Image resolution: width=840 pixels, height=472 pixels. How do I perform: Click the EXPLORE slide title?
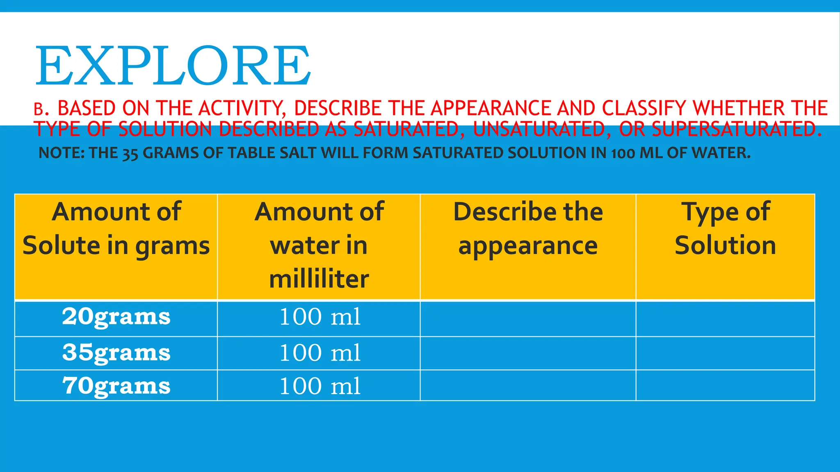pos(173,66)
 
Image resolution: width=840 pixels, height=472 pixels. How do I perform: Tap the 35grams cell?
pos(116,353)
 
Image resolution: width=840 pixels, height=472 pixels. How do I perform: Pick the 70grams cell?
pos(116,386)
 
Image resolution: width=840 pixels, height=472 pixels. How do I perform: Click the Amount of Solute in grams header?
pos(116,229)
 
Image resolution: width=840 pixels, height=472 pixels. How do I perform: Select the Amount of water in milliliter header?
pos(319,246)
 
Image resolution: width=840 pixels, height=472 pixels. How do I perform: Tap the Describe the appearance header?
pos(528,229)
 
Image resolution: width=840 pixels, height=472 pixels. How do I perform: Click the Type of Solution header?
pos(725,229)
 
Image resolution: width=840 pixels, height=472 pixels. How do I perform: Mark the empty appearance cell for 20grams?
pos(528,319)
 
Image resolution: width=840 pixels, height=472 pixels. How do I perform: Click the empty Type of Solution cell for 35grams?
pos(725,353)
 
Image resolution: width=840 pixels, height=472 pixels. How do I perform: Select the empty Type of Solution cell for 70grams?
pos(725,386)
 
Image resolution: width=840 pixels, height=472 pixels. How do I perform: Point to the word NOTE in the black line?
pos(61,153)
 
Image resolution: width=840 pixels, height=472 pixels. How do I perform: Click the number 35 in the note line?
pos(130,154)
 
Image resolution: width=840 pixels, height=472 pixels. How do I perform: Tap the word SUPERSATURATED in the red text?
pos(737,129)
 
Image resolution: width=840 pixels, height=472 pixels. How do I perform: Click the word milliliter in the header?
pos(319,279)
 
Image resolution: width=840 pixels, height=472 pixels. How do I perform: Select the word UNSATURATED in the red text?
pos(539,129)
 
